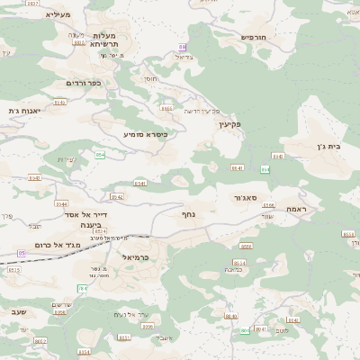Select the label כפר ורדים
pos(83,83)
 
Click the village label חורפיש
pos(255,38)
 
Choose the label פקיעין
pos(232,125)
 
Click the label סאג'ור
pos(249,197)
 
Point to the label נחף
pos(189,214)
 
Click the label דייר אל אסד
pos(86,215)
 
